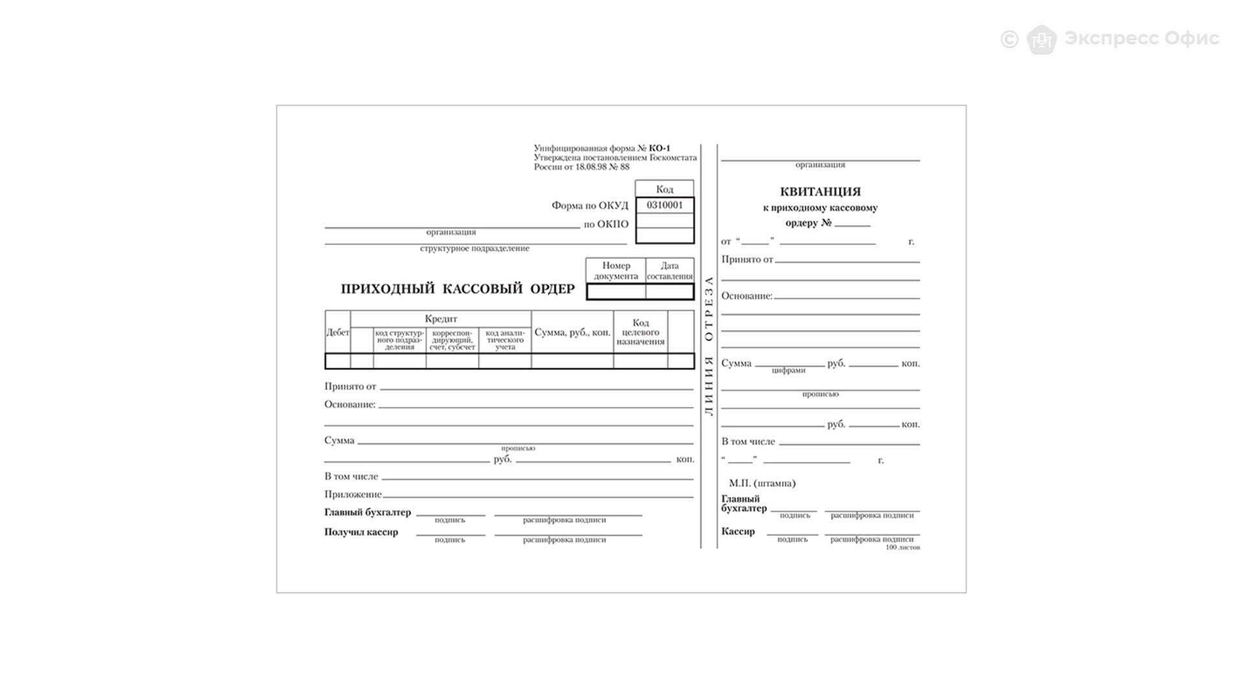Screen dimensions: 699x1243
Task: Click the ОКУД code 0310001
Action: click(664, 205)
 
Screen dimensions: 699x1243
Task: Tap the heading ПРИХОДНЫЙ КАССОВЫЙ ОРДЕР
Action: click(458, 289)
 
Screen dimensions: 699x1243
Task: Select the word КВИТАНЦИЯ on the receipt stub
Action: click(820, 192)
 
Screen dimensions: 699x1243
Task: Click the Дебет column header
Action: click(337, 332)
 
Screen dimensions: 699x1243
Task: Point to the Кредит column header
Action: click(441, 318)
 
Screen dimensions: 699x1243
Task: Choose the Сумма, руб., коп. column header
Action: click(572, 332)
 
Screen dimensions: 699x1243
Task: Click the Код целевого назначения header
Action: click(640, 332)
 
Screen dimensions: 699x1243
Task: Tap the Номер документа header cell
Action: click(616, 271)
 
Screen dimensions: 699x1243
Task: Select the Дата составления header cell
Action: click(669, 271)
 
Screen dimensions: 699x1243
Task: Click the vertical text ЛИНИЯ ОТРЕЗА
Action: click(709, 346)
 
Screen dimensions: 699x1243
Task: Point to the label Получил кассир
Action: click(361, 532)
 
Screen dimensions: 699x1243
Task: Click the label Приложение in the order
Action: click(353, 494)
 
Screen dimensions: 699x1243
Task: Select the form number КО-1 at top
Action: click(660, 148)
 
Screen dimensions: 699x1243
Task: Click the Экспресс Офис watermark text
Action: click(1141, 38)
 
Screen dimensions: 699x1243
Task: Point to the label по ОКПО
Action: click(606, 225)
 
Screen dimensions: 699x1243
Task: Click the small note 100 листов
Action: click(902, 548)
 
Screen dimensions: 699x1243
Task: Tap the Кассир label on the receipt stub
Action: click(738, 531)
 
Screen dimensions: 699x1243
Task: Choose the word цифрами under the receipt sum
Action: click(789, 370)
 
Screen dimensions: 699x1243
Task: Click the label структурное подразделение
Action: click(475, 249)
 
